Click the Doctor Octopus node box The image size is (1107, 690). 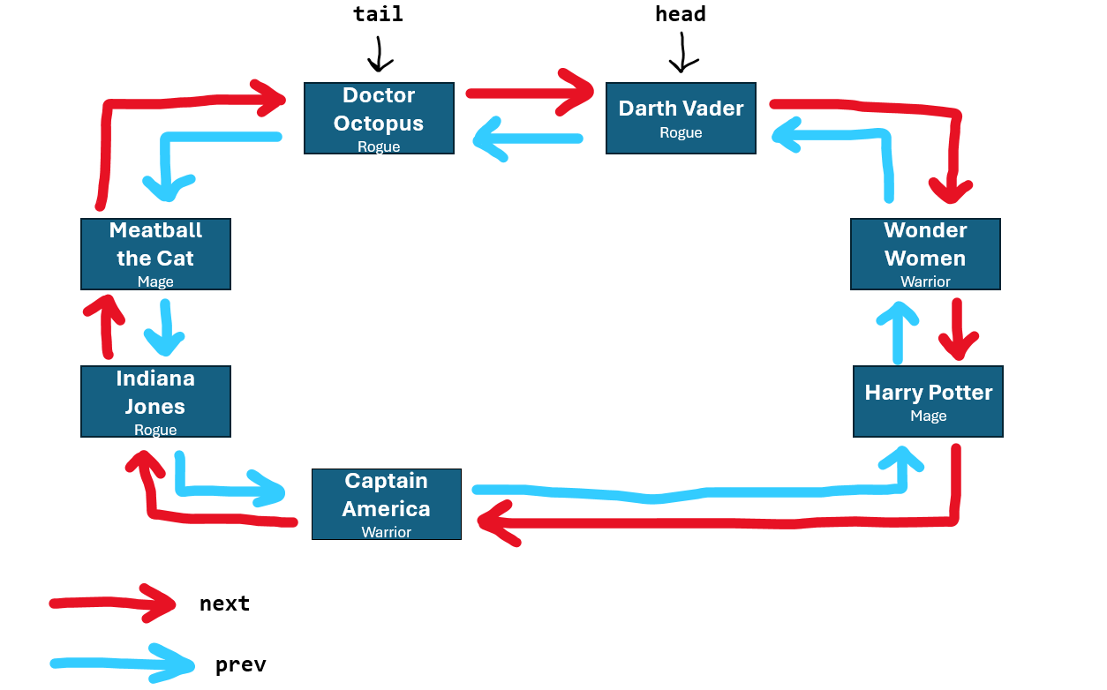(x=379, y=118)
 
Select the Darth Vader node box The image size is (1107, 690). (x=681, y=118)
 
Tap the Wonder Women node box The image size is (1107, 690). (x=925, y=254)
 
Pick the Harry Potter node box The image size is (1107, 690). (x=928, y=401)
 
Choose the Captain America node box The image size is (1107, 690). (x=387, y=504)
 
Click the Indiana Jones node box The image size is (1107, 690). (x=155, y=401)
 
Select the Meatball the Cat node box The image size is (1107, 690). (x=155, y=254)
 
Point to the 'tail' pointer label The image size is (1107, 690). (x=378, y=15)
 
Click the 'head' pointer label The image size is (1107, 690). (x=680, y=15)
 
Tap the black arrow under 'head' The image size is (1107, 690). (x=682, y=54)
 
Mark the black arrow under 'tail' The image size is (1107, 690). (x=380, y=54)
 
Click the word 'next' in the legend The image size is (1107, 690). (x=224, y=604)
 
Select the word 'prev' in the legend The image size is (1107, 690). (x=240, y=665)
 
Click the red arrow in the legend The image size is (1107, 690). (x=115, y=603)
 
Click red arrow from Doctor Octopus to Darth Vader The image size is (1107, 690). (x=530, y=93)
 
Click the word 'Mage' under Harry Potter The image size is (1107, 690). (x=928, y=416)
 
